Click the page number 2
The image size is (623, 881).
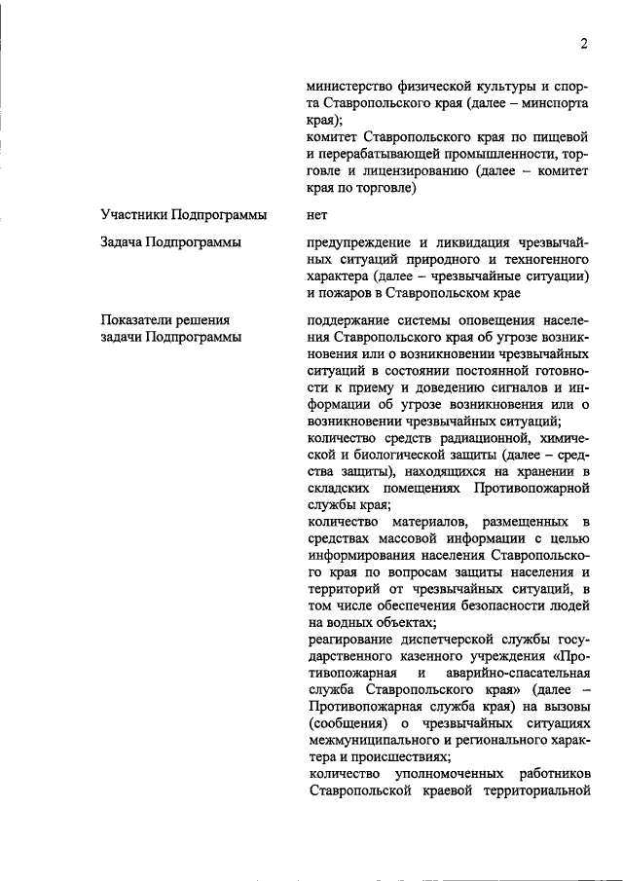tap(583, 43)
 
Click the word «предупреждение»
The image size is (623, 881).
tap(357, 241)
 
